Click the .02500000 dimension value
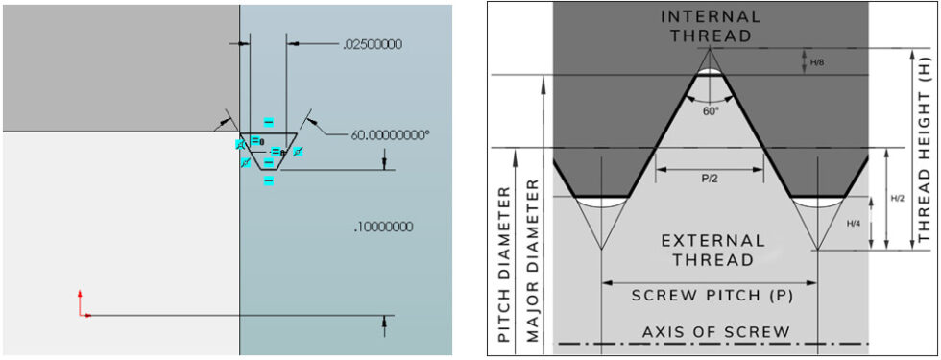tap(372, 44)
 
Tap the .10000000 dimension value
tap(383, 228)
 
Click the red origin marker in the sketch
tap(82, 306)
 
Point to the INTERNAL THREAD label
tap(711, 26)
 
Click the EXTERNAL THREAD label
tap(711, 249)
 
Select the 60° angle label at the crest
tap(710, 111)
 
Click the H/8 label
tap(817, 62)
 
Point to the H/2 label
tap(897, 198)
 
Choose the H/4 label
tap(854, 224)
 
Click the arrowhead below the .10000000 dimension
tap(384, 323)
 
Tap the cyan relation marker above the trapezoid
tap(269, 122)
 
